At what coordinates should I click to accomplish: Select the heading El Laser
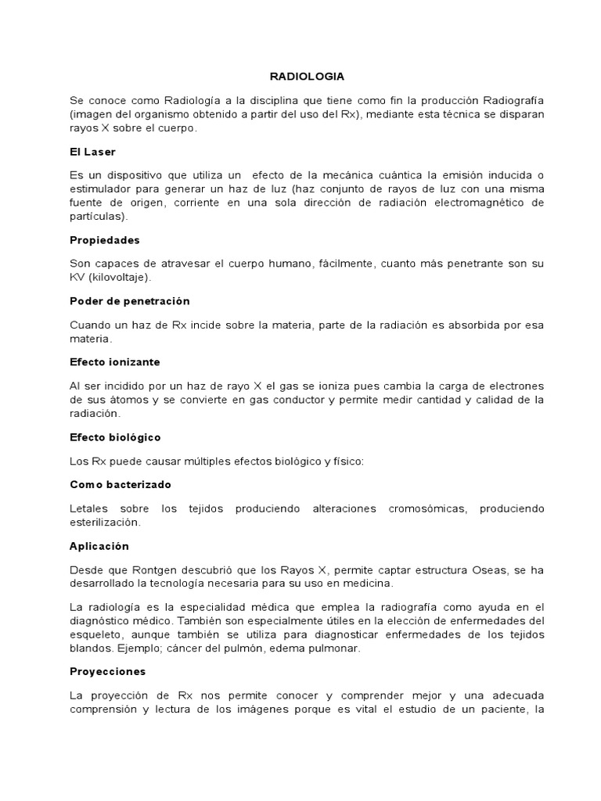coord(92,151)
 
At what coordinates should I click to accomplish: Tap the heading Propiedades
coord(105,240)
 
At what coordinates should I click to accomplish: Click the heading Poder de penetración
coord(129,300)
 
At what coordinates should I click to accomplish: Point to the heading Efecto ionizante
coord(115,362)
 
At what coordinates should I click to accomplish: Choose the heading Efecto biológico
coord(116,436)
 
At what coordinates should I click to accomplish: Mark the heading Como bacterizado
coord(120,484)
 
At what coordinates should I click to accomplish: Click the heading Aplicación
coord(99,546)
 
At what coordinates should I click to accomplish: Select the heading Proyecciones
coord(107,671)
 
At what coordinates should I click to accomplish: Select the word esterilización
coord(106,522)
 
